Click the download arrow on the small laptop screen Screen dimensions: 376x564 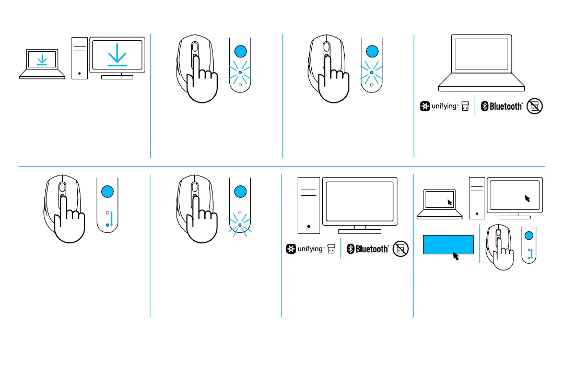[x=42, y=61]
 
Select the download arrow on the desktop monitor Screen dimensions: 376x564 [x=117, y=56]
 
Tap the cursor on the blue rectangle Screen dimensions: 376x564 [x=455, y=255]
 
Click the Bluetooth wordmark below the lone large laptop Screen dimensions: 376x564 [x=505, y=107]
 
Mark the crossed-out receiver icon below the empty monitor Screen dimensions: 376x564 [x=401, y=249]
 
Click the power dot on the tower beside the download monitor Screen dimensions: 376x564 [x=79, y=73]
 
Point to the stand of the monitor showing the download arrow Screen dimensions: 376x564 [x=117, y=76]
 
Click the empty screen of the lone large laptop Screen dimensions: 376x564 [x=481, y=54]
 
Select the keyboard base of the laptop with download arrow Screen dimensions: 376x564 [x=42, y=74]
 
